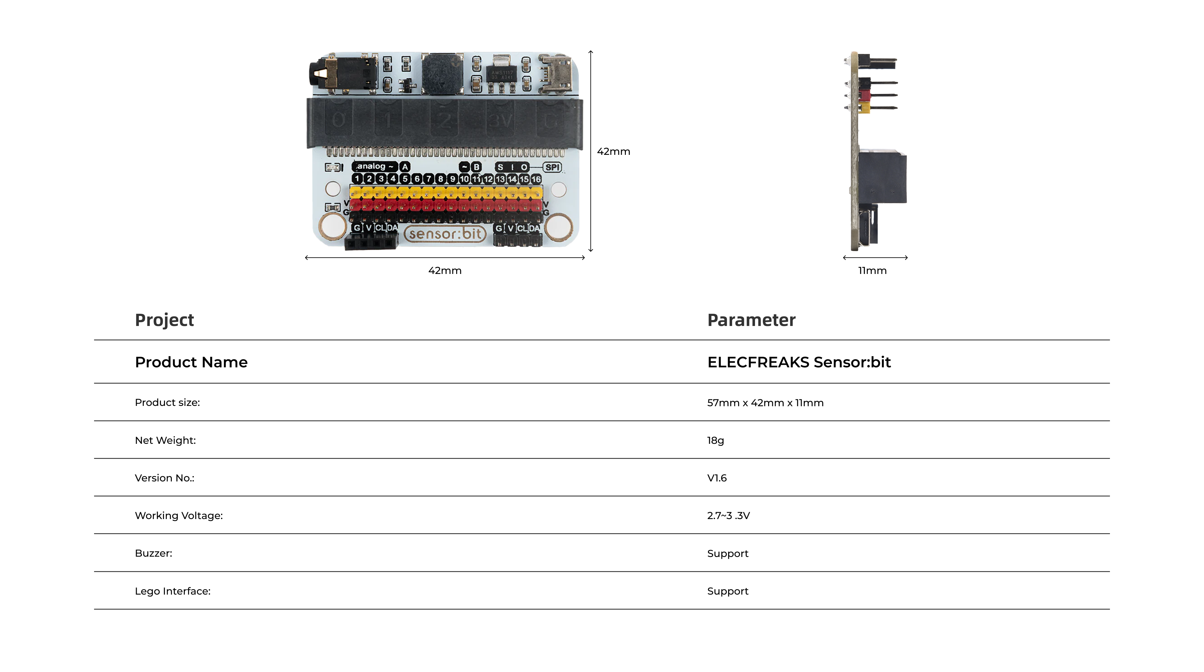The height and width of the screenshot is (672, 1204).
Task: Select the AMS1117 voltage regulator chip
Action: point(502,72)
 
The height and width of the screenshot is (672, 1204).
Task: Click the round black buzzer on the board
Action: point(442,74)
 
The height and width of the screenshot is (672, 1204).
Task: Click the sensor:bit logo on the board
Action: point(445,234)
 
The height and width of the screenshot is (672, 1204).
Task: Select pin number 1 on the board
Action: point(357,179)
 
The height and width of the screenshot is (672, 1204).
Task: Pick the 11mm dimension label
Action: point(872,270)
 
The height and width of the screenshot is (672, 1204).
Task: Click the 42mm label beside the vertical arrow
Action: point(614,151)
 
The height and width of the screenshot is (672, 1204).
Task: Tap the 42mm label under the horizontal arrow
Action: point(445,270)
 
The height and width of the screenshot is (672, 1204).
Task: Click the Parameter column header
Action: point(751,320)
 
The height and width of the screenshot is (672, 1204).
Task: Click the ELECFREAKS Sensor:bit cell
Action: point(799,362)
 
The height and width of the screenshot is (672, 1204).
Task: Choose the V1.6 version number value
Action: point(717,478)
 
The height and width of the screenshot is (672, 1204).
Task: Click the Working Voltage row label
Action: point(178,516)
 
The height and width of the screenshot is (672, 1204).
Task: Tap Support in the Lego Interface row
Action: point(728,591)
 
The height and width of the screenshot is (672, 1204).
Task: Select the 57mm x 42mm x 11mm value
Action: point(765,403)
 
